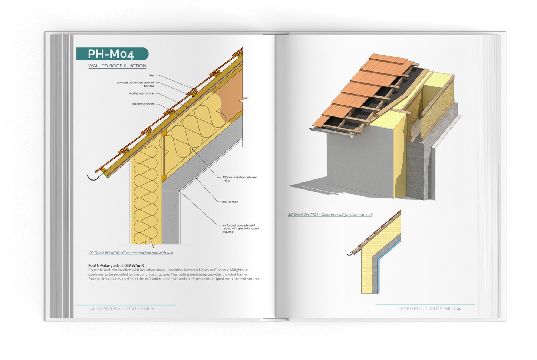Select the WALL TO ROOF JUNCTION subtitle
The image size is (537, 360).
point(117,66)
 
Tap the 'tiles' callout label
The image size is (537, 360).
point(151,75)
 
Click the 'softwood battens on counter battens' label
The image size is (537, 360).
point(135,84)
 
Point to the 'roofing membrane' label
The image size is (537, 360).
point(141,93)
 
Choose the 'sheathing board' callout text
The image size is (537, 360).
point(143,104)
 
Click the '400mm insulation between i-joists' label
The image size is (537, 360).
point(239,179)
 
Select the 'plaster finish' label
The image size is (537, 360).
point(230,202)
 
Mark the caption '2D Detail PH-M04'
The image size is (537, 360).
point(131,253)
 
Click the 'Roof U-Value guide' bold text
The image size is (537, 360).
point(116,265)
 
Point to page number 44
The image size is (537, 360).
point(93,309)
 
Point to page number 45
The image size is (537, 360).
point(459,309)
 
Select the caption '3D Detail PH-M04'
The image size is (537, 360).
point(330,215)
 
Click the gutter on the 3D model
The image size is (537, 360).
point(334,132)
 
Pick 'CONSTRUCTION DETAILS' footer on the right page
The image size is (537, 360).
point(426,308)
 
